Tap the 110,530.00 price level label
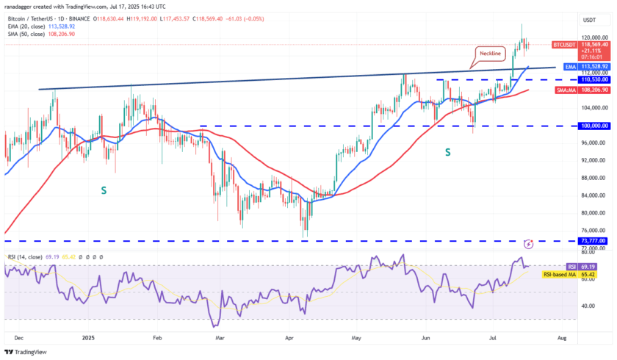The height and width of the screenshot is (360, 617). (x=594, y=79)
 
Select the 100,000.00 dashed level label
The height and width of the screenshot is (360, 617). (x=594, y=126)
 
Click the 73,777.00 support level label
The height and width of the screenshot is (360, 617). (x=594, y=240)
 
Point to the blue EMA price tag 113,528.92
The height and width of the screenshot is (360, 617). (x=594, y=66)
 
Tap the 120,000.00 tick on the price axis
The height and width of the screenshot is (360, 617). (x=594, y=37)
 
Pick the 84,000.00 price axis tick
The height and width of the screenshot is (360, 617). (x=594, y=195)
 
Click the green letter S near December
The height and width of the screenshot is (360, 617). (x=104, y=190)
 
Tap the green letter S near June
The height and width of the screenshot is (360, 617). (x=447, y=151)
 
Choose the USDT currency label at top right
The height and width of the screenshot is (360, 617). (x=590, y=21)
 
